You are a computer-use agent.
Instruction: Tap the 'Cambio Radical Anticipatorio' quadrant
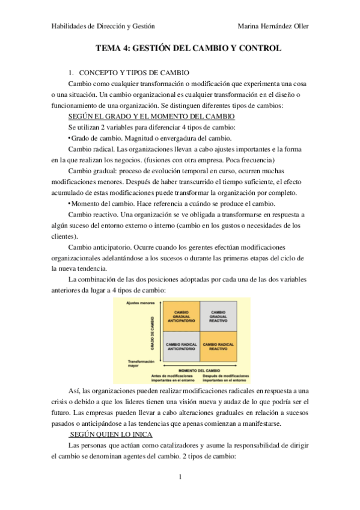[182, 346]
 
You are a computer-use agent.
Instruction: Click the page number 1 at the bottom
[180, 477]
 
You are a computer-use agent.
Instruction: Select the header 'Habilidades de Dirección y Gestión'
[103, 27]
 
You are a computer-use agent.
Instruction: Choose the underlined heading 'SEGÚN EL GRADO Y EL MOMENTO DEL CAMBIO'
[151, 115]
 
